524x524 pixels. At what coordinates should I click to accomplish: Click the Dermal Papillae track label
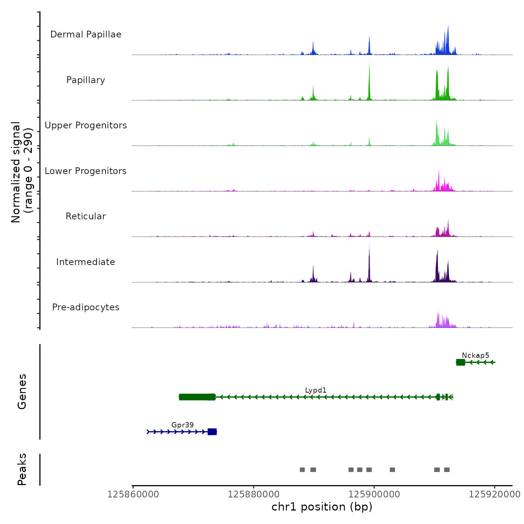(x=86, y=34)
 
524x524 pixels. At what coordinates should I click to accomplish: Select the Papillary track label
(x=86, y=80)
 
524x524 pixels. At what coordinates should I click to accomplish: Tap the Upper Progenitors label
(x=86, y=125)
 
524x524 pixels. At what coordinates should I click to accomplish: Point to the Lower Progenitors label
(x=86, y=171)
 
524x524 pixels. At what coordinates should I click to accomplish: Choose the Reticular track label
(x=86, y=216)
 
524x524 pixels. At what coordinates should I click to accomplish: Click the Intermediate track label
(x=86, y=262)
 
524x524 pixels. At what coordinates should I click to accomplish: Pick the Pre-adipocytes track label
(x=86, y=307)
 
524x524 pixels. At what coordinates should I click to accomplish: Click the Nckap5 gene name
(x=475, y=355)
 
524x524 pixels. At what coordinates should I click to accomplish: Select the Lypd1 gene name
(x=316, y=390)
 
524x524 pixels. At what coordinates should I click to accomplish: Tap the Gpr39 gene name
(x=183, y=425)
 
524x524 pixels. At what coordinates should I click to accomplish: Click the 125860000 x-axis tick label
(x=133, y=494)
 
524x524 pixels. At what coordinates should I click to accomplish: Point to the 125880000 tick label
(x=253, y=494)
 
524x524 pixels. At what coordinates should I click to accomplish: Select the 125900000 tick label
(x=374, y=494)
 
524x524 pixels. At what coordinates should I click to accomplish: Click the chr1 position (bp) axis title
(x=322, y=507)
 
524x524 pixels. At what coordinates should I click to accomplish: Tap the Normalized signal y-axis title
(x=22, y=172)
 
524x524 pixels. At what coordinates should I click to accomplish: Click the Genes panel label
(x=22, y=392)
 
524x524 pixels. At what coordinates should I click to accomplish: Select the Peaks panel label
(x=22, y=469)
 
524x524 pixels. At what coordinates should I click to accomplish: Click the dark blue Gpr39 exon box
(x=212, y=432)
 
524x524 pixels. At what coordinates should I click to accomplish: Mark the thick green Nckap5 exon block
(x=460, y=362)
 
